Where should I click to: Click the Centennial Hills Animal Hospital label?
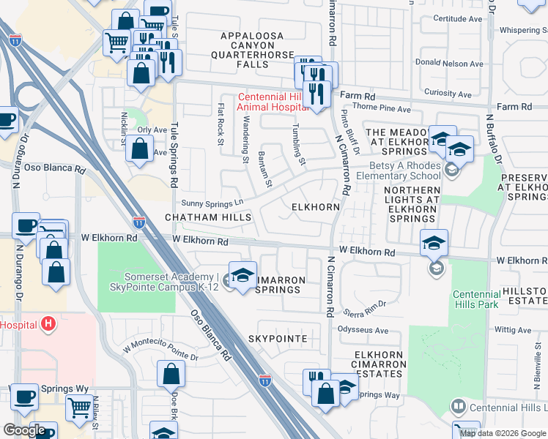coord(272,102)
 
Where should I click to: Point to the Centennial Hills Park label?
coord(475,299)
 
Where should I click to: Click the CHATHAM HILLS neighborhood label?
coord(208,217)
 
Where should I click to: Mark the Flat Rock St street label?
coord(220,124)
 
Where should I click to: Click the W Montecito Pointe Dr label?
coord(161,349)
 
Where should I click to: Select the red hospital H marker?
coord(48,322)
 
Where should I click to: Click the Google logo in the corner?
coord(24,430)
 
